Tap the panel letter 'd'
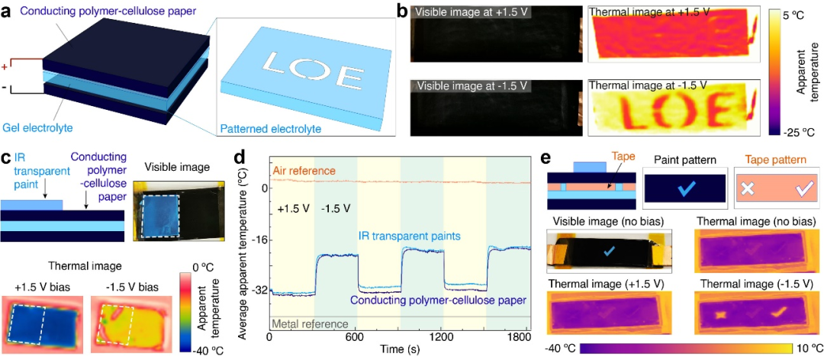tap(239, 159)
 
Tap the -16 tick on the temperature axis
tap(258, 239)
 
